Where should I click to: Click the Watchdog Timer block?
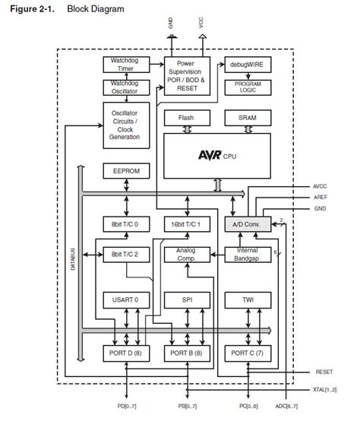tap(122, 65)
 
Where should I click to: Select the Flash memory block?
tap(186, 119)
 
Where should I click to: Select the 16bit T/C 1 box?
tap(186, 225)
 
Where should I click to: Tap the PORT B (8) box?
tap(186, 353)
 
